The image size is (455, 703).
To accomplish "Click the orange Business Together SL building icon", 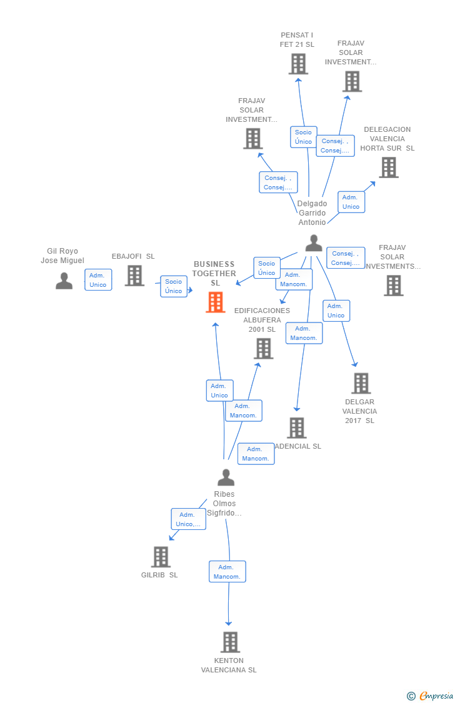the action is coord(216,302).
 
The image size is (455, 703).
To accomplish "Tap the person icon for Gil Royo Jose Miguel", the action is coord(64,281).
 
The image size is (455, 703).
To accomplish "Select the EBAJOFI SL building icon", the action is coord(134,276).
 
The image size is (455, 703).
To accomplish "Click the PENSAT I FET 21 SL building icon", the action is coord(298,64).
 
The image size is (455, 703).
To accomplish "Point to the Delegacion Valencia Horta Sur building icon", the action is coord(388,167).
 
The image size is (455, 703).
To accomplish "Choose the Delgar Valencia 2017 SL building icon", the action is coord(361,383).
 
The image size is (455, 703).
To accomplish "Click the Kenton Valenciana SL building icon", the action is coord(230,642).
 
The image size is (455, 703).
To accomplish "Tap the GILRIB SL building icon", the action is coord(161,557).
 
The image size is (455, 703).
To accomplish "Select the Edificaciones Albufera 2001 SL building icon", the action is coord(264,348).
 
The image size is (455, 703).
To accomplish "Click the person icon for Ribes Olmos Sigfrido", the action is coord(226,477).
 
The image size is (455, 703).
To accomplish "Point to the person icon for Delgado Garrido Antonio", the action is coord(314,243).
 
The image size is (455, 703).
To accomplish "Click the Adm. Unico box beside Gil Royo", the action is coord(98,280).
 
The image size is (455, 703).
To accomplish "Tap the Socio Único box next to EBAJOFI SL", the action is coord(174,286).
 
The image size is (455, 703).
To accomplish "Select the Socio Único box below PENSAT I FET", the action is coord(303,137).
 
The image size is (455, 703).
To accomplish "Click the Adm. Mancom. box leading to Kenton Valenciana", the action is coord(227,572).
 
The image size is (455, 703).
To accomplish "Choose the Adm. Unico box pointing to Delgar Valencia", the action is coord(336,311).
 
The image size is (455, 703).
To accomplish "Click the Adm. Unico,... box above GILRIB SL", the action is coord(188,519).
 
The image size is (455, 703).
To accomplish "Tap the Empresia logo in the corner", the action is coord(431,696).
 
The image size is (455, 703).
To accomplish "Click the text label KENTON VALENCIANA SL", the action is coord(229,665).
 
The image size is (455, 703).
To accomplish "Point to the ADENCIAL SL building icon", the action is coord(297,428).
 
